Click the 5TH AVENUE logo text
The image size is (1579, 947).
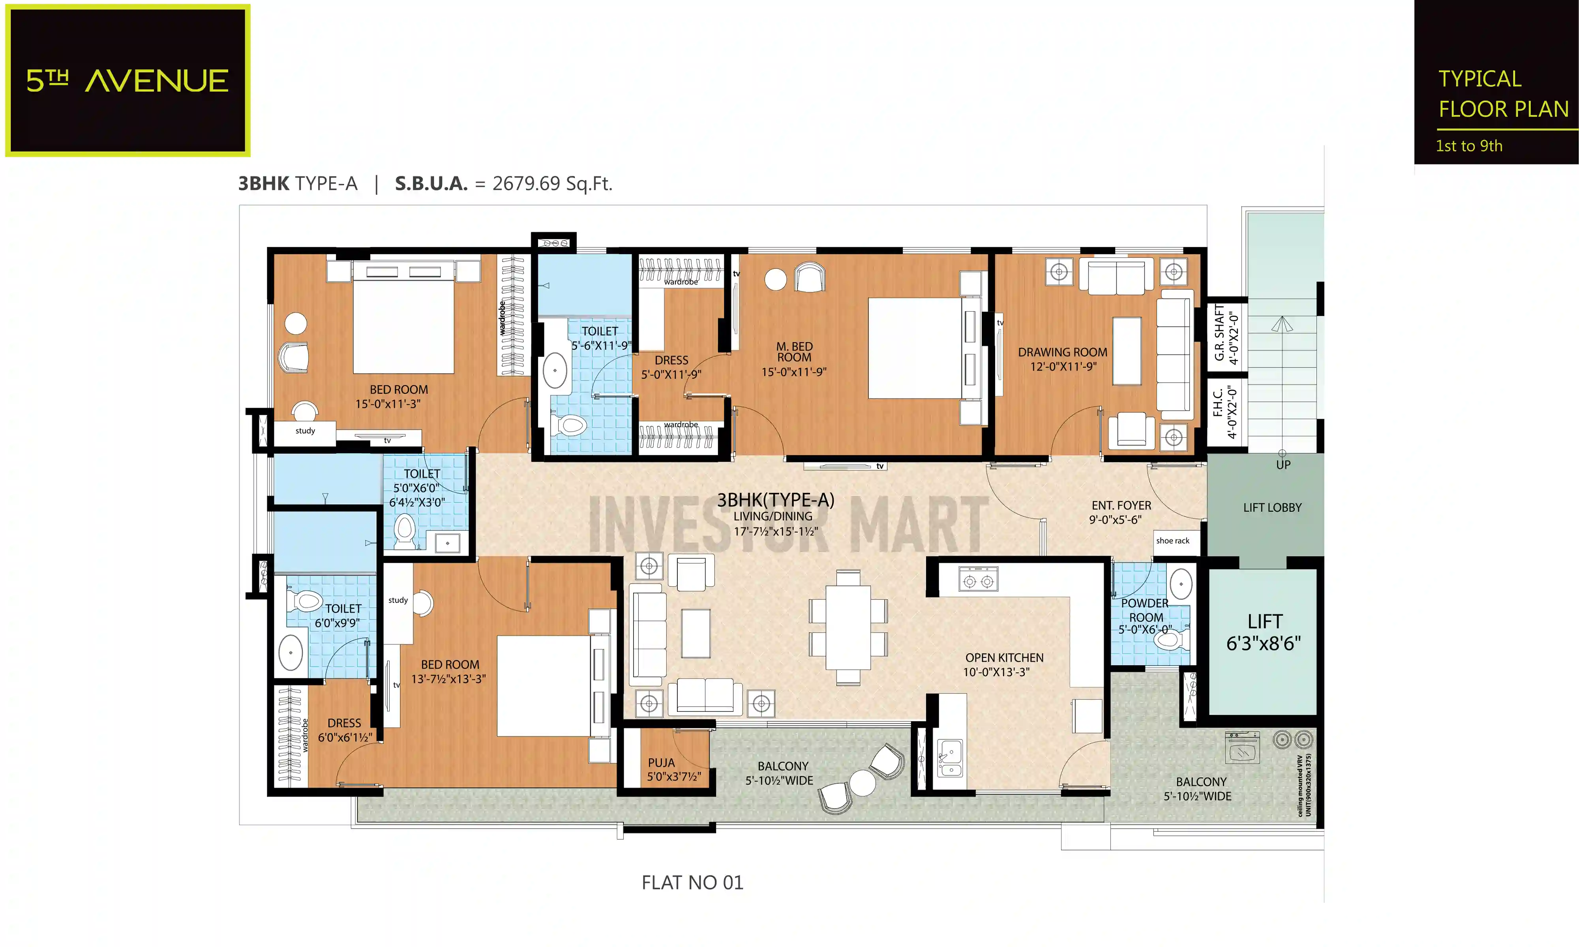127,81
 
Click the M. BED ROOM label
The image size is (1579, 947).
794,358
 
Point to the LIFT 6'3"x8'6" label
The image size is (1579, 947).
1263,633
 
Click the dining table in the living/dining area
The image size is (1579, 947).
848,627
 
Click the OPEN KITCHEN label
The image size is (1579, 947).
1003,664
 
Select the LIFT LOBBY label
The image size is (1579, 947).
1271,508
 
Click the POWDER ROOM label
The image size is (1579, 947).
1146,616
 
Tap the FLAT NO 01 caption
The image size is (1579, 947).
692,883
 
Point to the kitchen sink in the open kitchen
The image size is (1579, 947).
950,758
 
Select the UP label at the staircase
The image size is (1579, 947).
1283,464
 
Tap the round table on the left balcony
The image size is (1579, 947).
862,783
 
